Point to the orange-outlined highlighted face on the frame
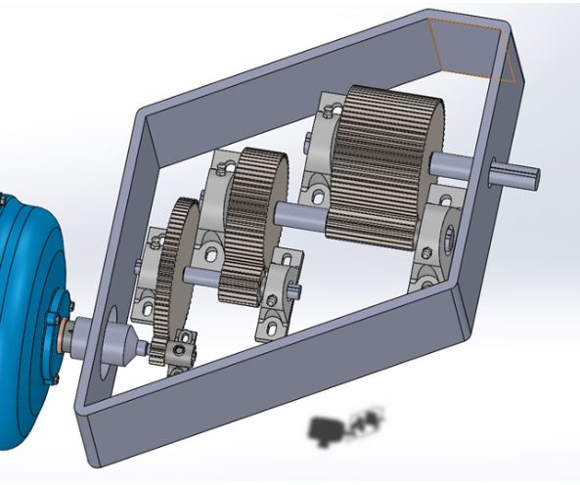click(x=472, y=49)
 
